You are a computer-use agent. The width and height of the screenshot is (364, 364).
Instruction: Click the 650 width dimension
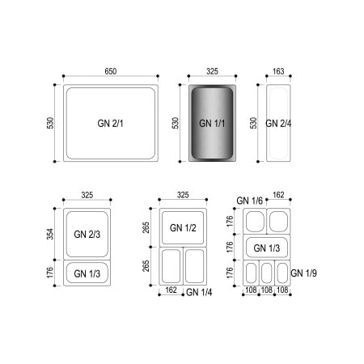111,71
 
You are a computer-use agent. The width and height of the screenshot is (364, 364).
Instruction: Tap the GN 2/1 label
110,124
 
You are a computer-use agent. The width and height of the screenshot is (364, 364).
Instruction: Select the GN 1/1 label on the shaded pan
212,124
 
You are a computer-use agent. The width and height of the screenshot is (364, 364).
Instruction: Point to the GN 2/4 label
278,124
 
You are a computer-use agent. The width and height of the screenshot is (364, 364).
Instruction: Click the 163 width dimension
278,71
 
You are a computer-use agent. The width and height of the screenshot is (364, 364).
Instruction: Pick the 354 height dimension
50,234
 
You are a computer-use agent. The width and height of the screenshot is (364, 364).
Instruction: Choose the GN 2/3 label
87,235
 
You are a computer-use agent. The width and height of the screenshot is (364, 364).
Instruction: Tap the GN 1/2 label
183,228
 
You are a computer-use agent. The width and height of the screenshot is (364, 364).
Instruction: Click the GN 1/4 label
199,292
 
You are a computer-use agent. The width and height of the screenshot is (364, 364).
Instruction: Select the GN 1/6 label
249,201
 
